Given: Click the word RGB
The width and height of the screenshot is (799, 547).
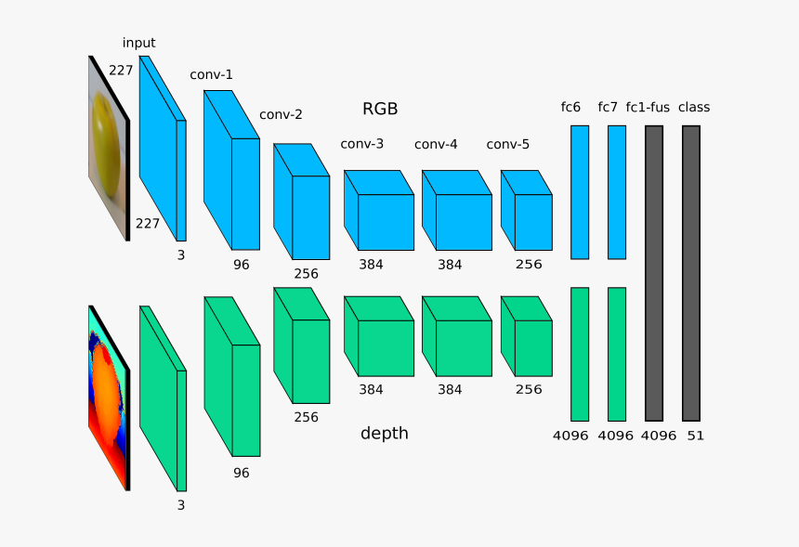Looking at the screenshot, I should point(380,109).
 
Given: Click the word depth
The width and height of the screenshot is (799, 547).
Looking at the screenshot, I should point(384,433).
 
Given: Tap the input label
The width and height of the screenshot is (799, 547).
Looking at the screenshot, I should point(138,43).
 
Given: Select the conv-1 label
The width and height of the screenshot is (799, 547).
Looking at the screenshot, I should point(211,74).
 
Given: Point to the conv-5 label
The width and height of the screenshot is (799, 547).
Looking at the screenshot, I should point(507,144).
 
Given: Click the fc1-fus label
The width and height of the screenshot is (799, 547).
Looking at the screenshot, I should point(648,107).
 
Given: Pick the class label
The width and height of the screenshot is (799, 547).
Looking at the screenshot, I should point(693,107).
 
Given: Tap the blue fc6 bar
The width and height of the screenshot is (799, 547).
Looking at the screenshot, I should point(580,191).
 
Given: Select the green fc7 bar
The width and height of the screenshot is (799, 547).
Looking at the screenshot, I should point(617,354).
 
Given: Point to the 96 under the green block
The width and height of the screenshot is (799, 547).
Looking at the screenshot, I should point(242,473).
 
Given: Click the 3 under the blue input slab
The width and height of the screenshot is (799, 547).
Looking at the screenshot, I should point(181,254).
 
